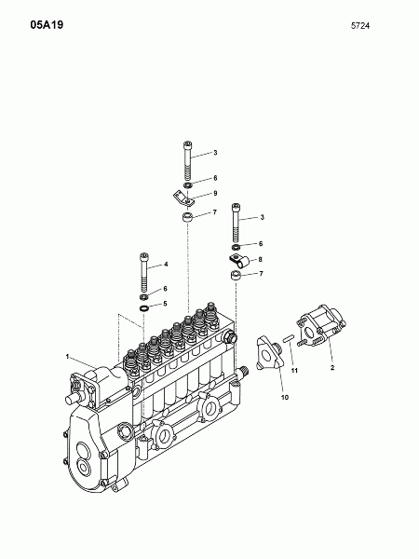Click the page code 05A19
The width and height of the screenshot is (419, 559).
click(x=47, y=25)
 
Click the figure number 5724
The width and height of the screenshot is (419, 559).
click(x=360, y=26)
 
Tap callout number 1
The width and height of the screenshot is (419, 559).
click(x=67, y=356)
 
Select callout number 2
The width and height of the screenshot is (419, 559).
click(x=332, y=368)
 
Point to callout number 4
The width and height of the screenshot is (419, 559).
click(x=166, y=265)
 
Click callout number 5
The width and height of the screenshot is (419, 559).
click(x=165, y=304)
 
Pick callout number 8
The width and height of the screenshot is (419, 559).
click(x=261, y=259)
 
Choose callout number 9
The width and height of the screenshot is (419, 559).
click(x=215, y=193)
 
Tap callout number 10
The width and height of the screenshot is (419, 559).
click(x=285, y=397)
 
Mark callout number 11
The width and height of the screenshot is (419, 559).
click(x=294, y=371)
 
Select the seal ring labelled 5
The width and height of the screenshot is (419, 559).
click(x=144, y=308)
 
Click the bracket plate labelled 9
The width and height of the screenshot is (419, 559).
click(x=183, y=198)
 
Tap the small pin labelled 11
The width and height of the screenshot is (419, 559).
click(x=288, y=337)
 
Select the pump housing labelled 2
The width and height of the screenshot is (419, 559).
click(x=320, y=326)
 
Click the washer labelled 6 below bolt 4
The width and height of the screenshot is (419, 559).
click(x=143, y=296)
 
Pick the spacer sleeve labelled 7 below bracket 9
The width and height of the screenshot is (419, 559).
click(x=187, y=217)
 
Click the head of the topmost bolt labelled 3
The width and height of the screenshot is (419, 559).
click(x=187, y=144)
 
